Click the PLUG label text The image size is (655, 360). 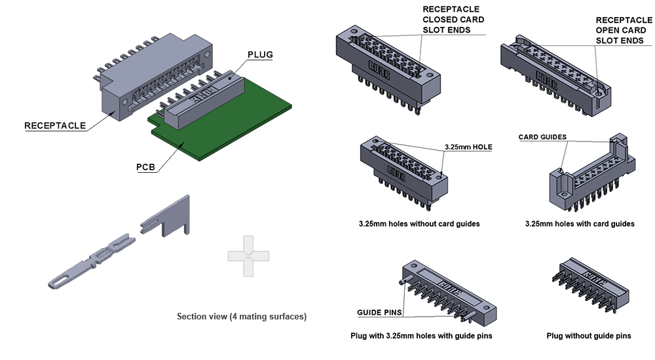(x=260, y=54)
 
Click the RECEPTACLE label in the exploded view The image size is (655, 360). (x=55, y=126)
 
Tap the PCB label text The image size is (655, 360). (x=145, y=167)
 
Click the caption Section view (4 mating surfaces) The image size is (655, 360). (x=242, y=317)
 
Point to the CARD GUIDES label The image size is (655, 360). (x=542, y=137)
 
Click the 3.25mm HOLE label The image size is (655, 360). (x=468, y=147)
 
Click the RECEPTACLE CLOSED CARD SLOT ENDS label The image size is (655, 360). (x=453, y=20)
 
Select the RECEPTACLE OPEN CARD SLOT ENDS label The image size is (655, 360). (x=620, y=30)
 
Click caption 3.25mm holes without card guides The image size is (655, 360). (x=419, y=224)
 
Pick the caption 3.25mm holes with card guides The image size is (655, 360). (x=580, y=224)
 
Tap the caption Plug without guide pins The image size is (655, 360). (x=589, y=336)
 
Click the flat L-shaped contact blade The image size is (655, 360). (x=167, y=216)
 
